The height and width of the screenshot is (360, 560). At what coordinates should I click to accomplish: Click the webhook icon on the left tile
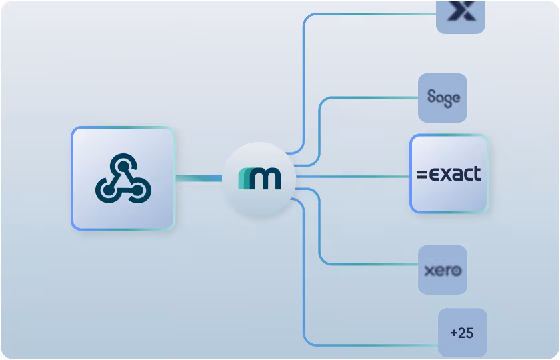(x=123, y=178)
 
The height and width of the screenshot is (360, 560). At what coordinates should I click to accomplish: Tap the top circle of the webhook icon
(x=123, y=163)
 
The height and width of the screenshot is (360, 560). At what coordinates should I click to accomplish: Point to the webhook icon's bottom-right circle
(x=139, y=192)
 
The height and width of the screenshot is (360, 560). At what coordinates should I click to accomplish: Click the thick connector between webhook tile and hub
(x=198, y=177)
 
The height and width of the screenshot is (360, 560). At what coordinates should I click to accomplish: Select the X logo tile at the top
(x=460, y=13)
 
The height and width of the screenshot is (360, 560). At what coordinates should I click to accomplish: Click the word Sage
(x=443, y=98)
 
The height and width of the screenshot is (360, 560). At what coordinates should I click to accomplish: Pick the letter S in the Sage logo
(x=431, y=97)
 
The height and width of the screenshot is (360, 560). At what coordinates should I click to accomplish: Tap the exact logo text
(x=449, y=175)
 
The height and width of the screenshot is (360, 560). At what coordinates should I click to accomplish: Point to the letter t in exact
(x=476, y=173)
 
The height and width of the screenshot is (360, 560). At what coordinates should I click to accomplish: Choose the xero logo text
(x=443, y=271)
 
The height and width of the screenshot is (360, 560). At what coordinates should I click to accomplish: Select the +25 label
(x=462, y=333)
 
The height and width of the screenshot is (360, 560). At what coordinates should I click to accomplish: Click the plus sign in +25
(x=454, y=333)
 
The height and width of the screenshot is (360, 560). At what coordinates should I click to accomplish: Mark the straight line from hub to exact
(x=353, y=177)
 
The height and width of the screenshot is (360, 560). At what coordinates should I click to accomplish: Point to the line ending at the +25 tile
(x=373, y=345)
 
